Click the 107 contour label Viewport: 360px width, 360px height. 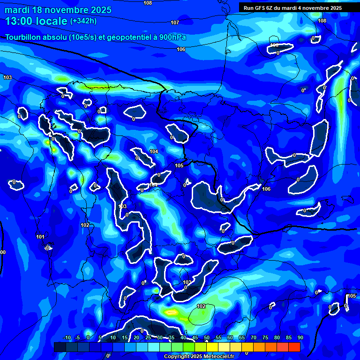[x=175, y=22]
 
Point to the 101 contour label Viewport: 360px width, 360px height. [x=40, y=236]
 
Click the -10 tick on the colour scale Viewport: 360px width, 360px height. [x=67, y=338]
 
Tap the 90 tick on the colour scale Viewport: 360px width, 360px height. [x=300, y=338]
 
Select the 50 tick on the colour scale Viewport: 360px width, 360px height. [x=207, y=338]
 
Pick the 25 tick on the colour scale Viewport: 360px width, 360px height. [x=148, y=338]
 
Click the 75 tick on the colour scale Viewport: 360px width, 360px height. [x=265, y=338]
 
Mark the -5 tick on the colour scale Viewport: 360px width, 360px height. [x=77, y=338]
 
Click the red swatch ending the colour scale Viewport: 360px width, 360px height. [x=294, y=347]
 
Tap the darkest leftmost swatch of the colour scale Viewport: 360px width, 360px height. [x=60, y=347]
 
